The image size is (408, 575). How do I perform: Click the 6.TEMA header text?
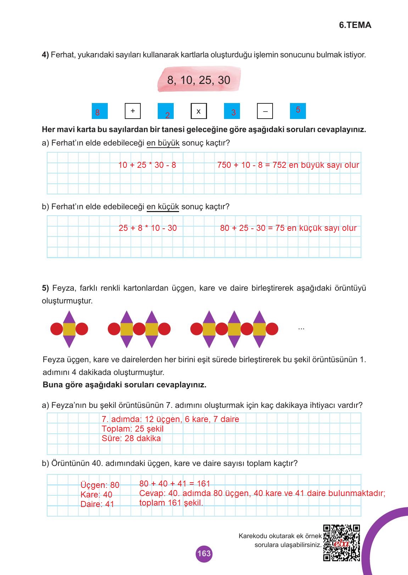click(355, 25)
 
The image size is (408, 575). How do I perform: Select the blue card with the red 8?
click(100, 111)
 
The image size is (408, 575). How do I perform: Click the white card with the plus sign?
click(133, 111)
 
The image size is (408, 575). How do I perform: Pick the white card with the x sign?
click(199, 111)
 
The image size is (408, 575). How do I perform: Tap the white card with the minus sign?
click(265, 112)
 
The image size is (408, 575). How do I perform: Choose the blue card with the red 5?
click(298, 110)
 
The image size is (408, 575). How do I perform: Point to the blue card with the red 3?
click(232, 111)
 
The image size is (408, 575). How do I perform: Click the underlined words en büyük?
click(163, 143)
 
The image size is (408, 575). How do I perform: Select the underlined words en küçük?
click(163, 206)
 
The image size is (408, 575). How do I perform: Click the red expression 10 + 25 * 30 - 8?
click(147, 165)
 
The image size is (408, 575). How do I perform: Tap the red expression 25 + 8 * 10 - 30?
click(148, 228)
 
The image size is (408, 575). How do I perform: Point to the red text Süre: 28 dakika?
click(131, 438)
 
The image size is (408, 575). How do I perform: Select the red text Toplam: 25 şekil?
click(133, 429)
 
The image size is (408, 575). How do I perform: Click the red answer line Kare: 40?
click(96, 495)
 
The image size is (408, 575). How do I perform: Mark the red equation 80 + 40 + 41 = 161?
click(175, 484)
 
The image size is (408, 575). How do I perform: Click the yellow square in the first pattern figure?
click(69, 329)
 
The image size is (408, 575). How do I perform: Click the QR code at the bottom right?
click(342, 542)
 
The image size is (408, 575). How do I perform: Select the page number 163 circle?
click(204, 553)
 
